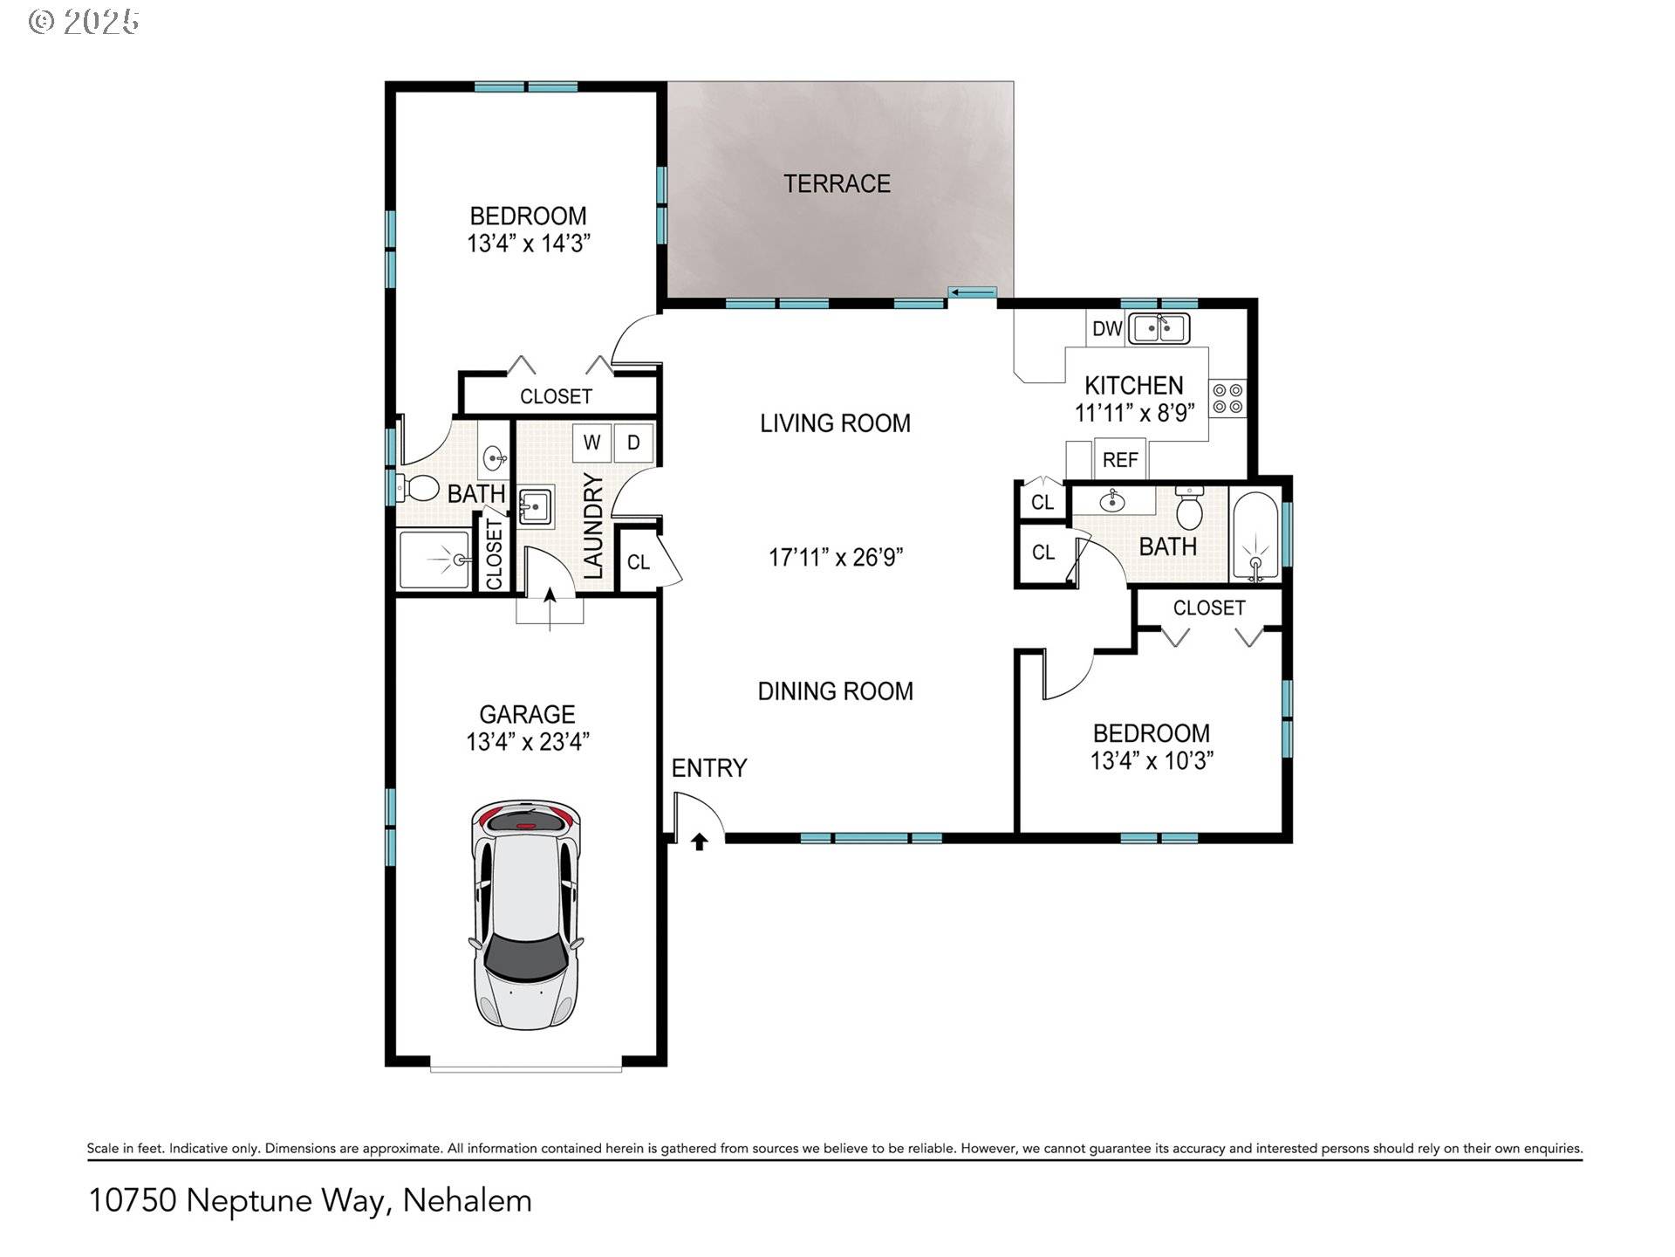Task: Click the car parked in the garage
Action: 525,914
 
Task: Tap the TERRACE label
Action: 837,184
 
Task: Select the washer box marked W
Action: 591,443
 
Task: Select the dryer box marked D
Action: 633,443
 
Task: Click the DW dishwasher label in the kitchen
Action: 1106,329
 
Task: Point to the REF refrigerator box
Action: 1120,460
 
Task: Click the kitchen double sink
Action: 1159,329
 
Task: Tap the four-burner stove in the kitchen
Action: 1227,399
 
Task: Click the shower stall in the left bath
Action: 434,560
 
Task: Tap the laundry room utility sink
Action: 535,506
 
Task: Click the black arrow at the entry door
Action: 700,841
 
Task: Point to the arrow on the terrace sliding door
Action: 974,292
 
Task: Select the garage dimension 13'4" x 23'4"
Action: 528,742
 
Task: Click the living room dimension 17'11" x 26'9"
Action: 835,557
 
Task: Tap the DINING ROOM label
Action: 835,691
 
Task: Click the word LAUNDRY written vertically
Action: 593,526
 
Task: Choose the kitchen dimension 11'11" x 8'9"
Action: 1133,413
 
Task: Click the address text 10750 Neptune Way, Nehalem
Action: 311,1201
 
